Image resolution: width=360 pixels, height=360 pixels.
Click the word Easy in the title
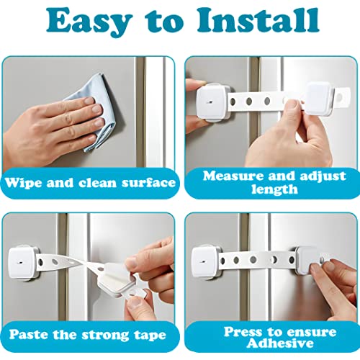(89, 23)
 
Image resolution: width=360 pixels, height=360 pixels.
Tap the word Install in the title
(258, 20)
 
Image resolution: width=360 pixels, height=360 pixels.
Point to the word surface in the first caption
(148, 183)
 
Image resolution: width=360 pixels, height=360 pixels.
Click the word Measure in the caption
(233, 176)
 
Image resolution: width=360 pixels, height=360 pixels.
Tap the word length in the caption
(274, 189)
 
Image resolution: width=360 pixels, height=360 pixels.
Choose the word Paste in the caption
(29, 334)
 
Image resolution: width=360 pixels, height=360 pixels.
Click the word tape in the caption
(150, 336)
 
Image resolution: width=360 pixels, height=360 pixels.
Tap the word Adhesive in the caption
(280, 343)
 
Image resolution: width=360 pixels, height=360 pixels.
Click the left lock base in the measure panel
(213, 102)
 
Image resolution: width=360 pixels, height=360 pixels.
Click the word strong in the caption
(106, 336)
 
